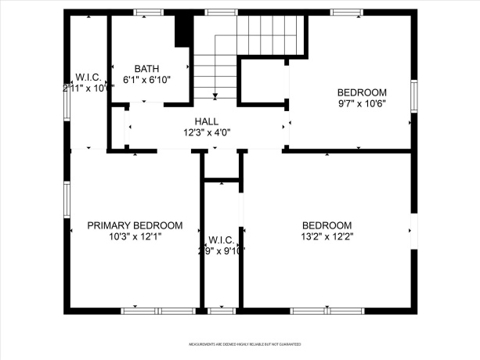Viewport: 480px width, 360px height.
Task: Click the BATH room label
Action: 146,69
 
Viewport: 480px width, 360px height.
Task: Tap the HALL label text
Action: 207,122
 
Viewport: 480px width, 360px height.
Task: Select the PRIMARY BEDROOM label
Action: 135,225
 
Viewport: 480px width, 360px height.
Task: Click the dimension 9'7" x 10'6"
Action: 362,102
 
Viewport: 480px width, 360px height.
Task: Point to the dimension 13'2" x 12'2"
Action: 327,236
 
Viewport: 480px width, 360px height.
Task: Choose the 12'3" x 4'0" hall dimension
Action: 207,133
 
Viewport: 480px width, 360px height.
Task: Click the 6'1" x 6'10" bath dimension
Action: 146,80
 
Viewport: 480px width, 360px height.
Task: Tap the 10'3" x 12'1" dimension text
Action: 135,236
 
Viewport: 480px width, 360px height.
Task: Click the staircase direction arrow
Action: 215,94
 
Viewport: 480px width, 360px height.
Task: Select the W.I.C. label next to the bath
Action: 86,77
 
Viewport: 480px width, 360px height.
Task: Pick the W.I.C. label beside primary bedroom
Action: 222,239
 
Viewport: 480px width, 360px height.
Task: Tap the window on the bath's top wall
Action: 146,13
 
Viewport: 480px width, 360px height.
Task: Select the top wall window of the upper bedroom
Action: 345,13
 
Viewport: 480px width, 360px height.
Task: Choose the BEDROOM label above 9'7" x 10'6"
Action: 362,91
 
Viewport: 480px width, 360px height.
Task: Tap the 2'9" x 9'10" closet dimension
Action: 222,250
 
